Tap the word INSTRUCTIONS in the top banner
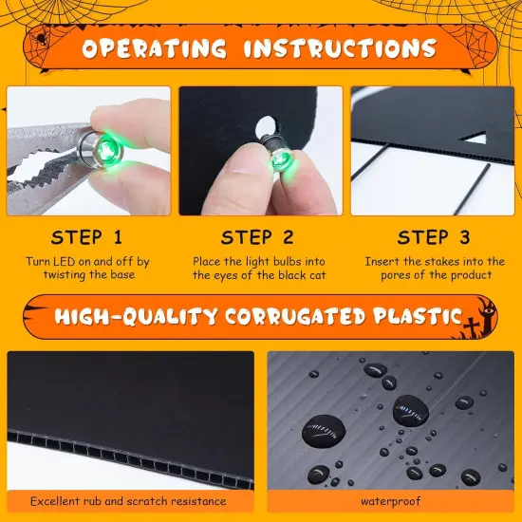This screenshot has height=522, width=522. pyautogui.click(x=341, y=48)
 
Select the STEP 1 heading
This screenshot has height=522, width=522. pyautogui.click(x=86, y=237)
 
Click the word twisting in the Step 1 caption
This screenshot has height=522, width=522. pyautogui.click(x=68, y=274)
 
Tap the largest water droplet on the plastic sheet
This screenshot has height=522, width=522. pyautogui.click(x=410, y=413)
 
